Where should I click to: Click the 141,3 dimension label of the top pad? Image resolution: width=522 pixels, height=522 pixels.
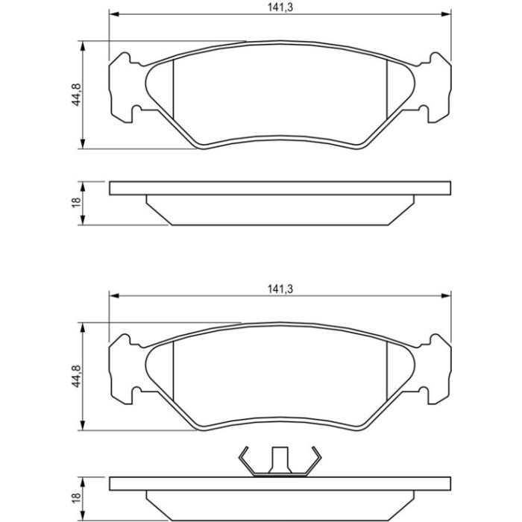click(x=280, y=7)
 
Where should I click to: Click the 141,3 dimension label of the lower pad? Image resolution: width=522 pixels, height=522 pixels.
click(x=280, y=289)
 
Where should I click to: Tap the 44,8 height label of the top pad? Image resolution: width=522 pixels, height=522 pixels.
click(x=76, y=95)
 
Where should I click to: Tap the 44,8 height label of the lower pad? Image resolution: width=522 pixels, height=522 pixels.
click(x=76, y=376)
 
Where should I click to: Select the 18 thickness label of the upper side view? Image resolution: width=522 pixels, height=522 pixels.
click(x=76, y=203)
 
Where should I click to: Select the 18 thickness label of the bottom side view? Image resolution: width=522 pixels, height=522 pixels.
click(x=76, y=498)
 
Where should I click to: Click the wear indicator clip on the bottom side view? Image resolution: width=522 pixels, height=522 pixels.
click(x=280, y=462)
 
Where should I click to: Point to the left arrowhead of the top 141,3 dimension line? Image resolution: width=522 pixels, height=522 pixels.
click(x=114, y=14)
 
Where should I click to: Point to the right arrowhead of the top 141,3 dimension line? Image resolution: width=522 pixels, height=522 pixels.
click(x=446, y=14)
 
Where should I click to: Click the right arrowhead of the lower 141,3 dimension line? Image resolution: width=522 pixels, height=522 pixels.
click(x=446, y=295)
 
